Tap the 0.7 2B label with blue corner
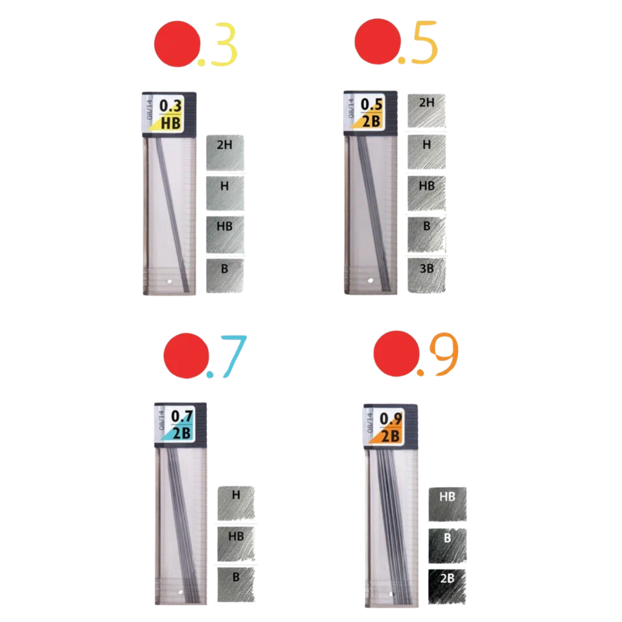click(181, 425)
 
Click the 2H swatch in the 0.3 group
click(225, 154)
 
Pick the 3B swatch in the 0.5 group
click(426, 275)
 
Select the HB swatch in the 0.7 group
click(236, 544)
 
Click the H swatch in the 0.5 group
click(426, 153)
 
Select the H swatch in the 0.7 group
click(236, 503)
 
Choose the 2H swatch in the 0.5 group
click(426, 112)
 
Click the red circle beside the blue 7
click(186, 356)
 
